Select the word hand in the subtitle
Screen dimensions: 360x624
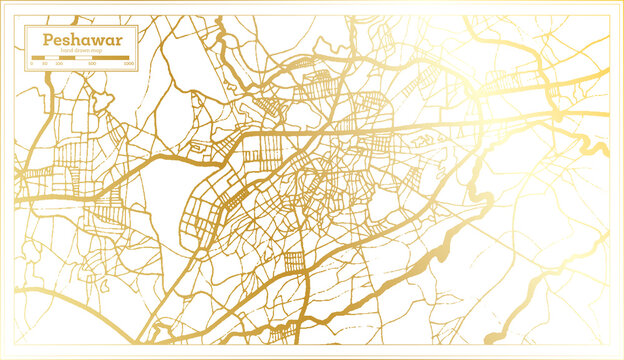[x=67, y=51]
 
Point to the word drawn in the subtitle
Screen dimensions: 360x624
[x=81, y=51]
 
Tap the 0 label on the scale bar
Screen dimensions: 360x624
[x=32, y=64]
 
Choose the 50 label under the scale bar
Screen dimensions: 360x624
[x=44, y=64]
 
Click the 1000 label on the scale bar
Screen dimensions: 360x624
[x=129, y=64]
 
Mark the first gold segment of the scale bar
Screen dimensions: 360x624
[x=38, y=58]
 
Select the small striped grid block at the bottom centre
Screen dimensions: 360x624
[x=294, y=262]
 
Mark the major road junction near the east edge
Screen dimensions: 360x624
[x=556, y=118]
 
